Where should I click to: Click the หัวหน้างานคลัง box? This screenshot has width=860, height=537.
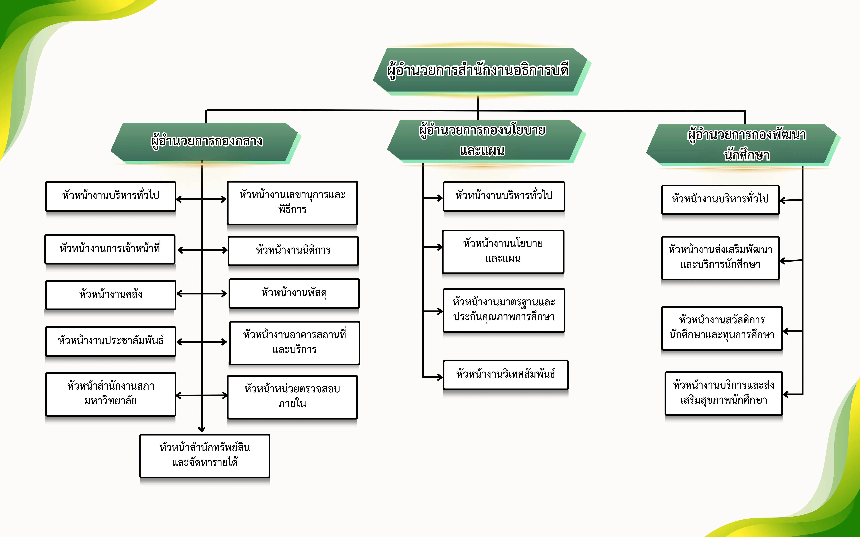click(x=111, y=294)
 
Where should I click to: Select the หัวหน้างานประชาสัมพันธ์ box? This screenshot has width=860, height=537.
click(x=111, y=341)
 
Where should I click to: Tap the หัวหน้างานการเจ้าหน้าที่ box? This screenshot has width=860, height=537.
click(x=110, y=249)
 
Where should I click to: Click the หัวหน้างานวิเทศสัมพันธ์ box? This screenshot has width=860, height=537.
click(x=505, y=374)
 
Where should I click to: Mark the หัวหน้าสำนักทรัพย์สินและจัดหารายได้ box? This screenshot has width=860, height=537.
click(x=205, y=455)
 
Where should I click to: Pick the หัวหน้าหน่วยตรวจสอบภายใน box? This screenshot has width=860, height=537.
click(x=292, y=397)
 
